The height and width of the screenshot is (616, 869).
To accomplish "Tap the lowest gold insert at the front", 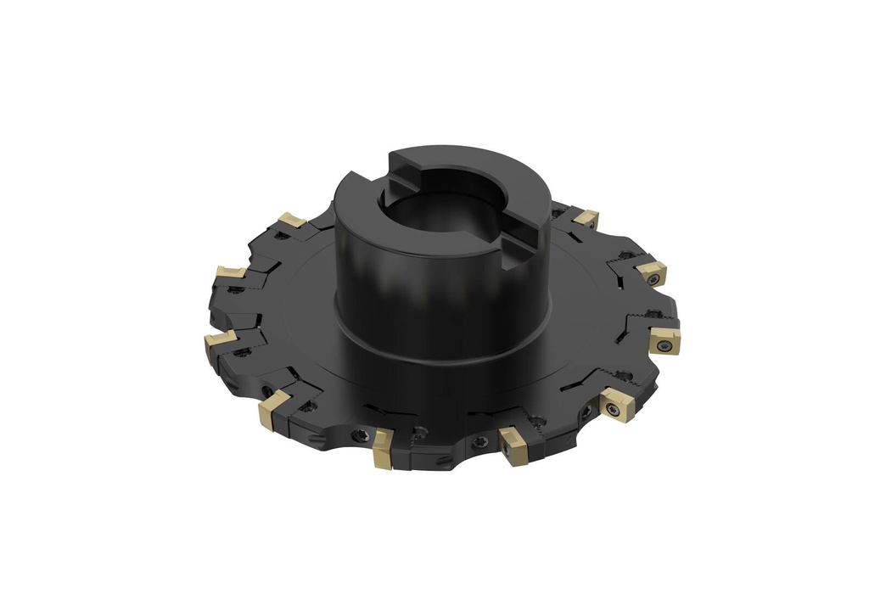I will tap(382, 449).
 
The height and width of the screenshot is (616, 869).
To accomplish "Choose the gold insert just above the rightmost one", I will tap(652, 272).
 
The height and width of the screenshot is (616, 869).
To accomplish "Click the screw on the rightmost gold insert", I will tap(664, 345).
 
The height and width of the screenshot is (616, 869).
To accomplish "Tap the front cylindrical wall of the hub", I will tap(399, 280).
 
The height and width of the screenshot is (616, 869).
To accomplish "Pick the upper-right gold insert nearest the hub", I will tap(584, 219).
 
